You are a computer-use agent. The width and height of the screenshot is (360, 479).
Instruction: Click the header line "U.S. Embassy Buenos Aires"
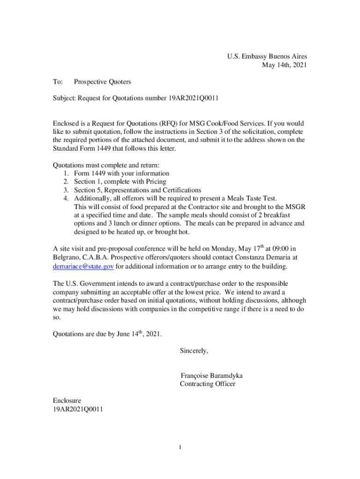(267, 57)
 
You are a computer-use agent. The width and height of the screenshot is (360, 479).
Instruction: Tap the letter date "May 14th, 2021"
(284, 65)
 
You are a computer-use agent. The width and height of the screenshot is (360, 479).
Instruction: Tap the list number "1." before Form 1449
(66, 174)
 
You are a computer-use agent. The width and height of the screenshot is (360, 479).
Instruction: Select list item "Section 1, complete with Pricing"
(120, 181)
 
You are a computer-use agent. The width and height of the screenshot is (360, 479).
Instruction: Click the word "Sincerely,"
(194, 351)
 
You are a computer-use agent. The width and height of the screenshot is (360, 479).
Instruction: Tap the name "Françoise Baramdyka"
(211, 376)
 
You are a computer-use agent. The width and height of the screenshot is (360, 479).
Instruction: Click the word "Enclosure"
(67, 401)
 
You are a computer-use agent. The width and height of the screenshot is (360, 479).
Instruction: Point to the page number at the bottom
(180, 448)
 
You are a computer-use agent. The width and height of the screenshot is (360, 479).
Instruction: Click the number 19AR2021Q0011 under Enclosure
(78, 409)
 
